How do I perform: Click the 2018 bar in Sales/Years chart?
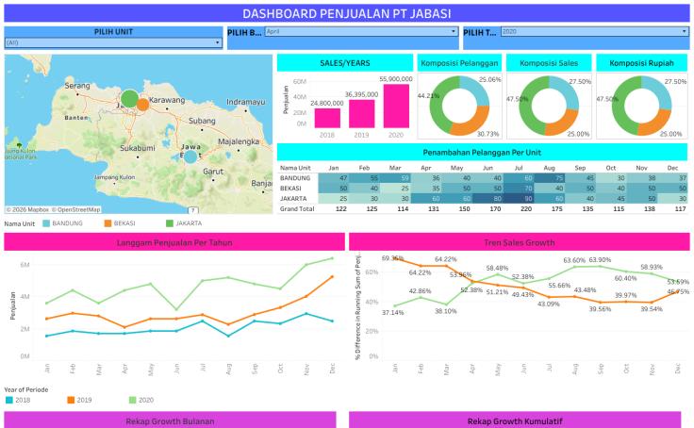[327, 117]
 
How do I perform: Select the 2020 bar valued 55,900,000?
[397, 106]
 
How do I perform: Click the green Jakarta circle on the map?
[129, 97]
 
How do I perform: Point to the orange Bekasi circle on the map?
[142, 104]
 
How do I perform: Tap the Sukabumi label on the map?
[137, 148]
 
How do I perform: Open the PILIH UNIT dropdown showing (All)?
[112, 42]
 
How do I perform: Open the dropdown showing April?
[361, 32]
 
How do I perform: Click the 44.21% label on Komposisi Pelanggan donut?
[428, 95]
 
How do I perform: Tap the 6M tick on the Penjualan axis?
[25, 265]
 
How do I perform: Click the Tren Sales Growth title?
[520, 242]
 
